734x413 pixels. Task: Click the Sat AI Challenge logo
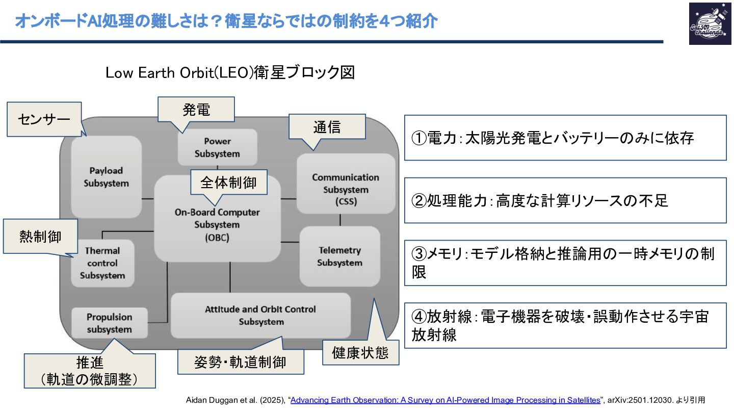click(709, 23)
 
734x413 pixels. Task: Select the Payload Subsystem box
click(106, 177)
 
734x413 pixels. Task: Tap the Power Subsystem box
click(218, 147)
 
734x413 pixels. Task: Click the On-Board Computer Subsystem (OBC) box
click(217, 225)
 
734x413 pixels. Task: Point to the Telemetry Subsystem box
click(339, 256)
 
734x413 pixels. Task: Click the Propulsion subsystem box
click(109, 323)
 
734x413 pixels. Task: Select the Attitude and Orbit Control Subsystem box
click(260, 316)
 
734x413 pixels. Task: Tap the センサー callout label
click(44, 119)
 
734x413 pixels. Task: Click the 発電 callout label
click(196, 109)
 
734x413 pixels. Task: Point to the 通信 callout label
click(327, 126)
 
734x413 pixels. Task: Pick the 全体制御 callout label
click(228, 183)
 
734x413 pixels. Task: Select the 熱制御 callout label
click(40, 237)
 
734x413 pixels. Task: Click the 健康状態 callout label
click(360, 352)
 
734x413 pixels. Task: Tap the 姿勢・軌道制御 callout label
click(240, 362)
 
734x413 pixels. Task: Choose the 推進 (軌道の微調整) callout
click(90, 371)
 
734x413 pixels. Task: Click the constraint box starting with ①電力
click(565, 138)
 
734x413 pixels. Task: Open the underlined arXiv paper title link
click(445, 400)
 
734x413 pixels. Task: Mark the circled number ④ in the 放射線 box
click(418, 317)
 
